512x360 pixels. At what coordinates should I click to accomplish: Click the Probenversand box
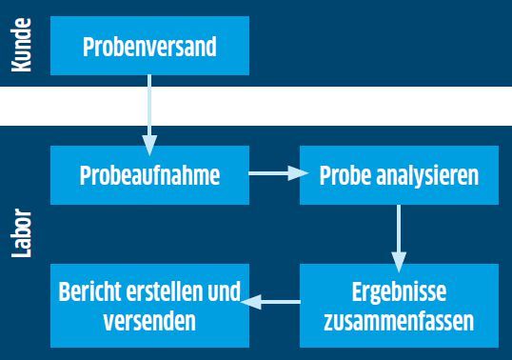click(149, 46)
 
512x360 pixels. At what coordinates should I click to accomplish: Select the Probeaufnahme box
click(149, 175)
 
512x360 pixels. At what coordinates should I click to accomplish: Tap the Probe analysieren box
click(399, 175)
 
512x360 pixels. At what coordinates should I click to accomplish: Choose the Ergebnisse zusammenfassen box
click(399, 305)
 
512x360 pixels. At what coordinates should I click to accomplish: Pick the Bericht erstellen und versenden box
click(149, 305)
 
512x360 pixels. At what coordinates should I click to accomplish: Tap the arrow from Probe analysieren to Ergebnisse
click(399, 234)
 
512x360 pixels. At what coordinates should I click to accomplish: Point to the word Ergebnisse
click(399, 290)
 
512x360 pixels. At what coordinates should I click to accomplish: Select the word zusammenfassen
click(399, 320)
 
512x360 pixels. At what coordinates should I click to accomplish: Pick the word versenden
click(149, 320)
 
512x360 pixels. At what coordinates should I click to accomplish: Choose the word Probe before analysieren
click(345, 176)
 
